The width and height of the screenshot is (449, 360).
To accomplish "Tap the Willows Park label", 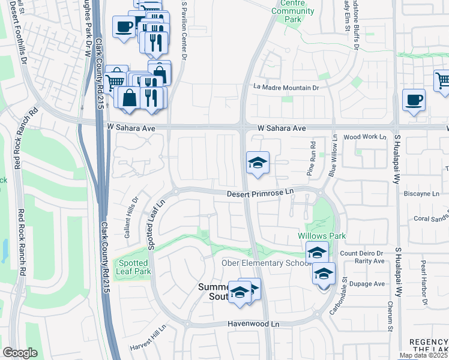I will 322,236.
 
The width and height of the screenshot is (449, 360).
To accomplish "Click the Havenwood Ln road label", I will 254,324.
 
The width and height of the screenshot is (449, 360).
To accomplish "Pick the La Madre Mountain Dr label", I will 286,87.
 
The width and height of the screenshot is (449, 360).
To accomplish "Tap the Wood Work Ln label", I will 365,137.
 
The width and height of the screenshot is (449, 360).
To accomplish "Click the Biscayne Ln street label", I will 426,194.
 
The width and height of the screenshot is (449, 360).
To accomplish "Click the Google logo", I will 20,353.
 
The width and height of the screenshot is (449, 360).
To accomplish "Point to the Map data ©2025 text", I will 424,355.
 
